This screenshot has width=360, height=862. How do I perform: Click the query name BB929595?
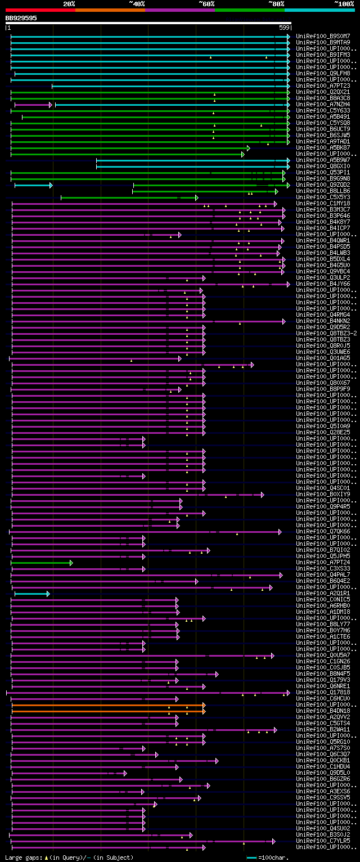(x=21, y=18)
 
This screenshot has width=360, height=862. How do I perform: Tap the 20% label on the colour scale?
(x=69, y=3)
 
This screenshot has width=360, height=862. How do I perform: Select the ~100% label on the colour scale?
(x=344, y=3)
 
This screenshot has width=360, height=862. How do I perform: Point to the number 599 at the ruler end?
(x=284, y=28)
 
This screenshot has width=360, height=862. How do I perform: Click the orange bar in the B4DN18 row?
(x=107, y=711)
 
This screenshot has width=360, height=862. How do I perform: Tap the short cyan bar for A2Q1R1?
(x=31, y=593)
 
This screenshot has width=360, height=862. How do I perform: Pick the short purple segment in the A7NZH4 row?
(x=33, y=105)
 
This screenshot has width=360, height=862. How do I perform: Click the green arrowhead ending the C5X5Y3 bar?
(x=196, y=197)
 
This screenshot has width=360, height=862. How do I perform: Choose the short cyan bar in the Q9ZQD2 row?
(x=33, y=185)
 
